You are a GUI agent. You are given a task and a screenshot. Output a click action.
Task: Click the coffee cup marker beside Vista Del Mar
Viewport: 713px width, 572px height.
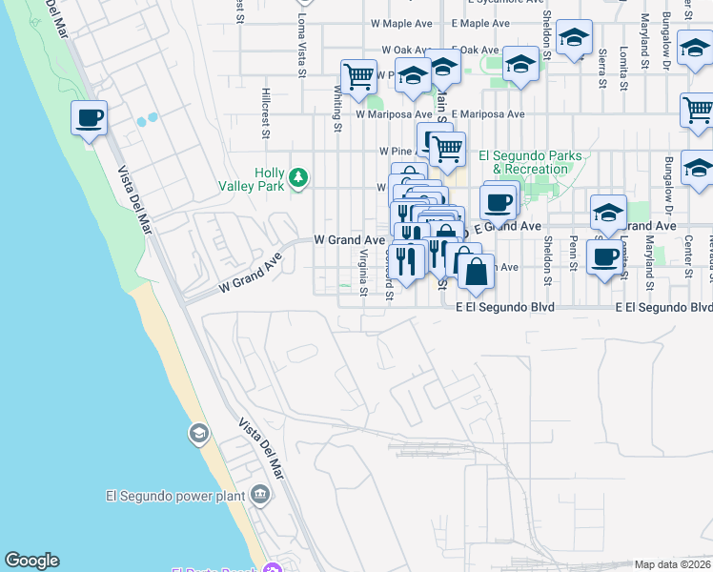coord(89,119)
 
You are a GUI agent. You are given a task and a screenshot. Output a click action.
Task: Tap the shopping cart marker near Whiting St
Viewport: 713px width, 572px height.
coord(358,77)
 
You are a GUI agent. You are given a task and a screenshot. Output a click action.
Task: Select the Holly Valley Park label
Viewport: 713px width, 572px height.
coord(269,179)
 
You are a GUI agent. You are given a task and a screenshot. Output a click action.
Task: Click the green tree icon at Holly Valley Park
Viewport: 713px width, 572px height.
coord(299,177)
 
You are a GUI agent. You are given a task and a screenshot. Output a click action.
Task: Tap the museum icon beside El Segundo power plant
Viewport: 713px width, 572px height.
coord(260,495)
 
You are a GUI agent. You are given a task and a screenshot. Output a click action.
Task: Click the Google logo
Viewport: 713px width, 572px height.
coord(31,561)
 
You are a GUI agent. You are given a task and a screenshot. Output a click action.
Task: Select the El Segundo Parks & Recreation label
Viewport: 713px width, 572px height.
coord(523,162)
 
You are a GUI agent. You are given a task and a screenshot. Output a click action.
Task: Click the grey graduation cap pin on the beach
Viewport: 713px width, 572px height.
coord(198,435)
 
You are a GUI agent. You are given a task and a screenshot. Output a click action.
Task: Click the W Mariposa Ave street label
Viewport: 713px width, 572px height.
coord(388,113)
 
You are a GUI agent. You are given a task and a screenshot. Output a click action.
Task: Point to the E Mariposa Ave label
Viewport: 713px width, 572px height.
coord(488,113)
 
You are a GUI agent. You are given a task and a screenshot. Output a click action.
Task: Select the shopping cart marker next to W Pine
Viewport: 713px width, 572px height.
coord(446,149)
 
